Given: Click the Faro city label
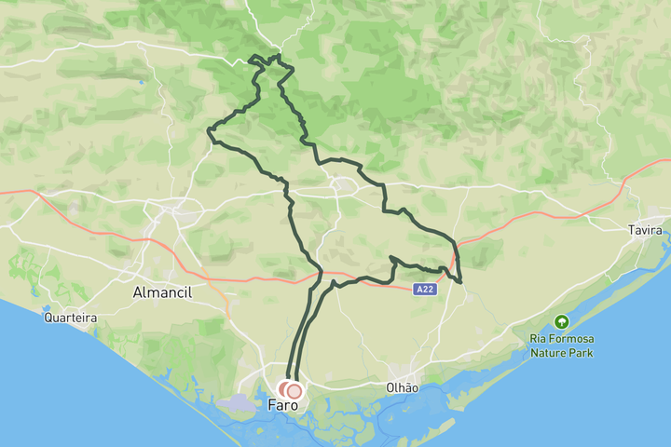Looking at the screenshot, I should (x=282, y=405).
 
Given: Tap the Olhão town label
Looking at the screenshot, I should (x=403, y=387).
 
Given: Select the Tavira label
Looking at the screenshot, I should (x=645, y=230).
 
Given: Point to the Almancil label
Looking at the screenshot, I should (x=162, y=292).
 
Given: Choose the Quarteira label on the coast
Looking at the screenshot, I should (x=71, y=318).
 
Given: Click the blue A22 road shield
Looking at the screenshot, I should (x=425, y=290).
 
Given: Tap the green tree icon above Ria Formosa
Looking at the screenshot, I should (x=561, y=322).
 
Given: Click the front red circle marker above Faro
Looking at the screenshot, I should (x=294, y=391).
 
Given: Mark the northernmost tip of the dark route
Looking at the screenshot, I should (x=275, y=56).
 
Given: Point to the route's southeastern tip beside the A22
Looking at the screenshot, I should (x=460, y=281).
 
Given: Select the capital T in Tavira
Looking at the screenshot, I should (x=631, y=230).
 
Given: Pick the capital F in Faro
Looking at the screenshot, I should (x=272, y=405).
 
